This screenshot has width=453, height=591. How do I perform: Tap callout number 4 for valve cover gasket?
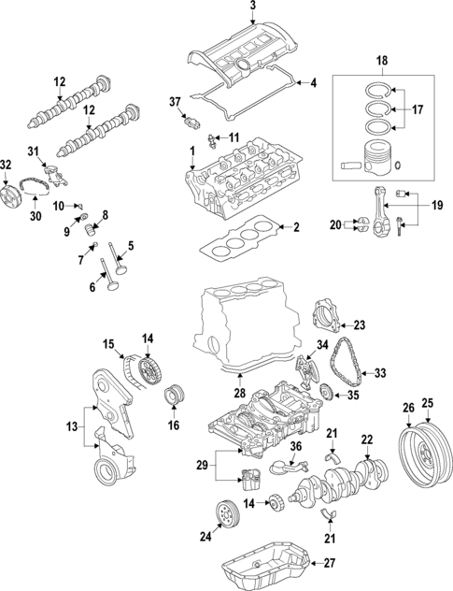(x=313, y=83)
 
